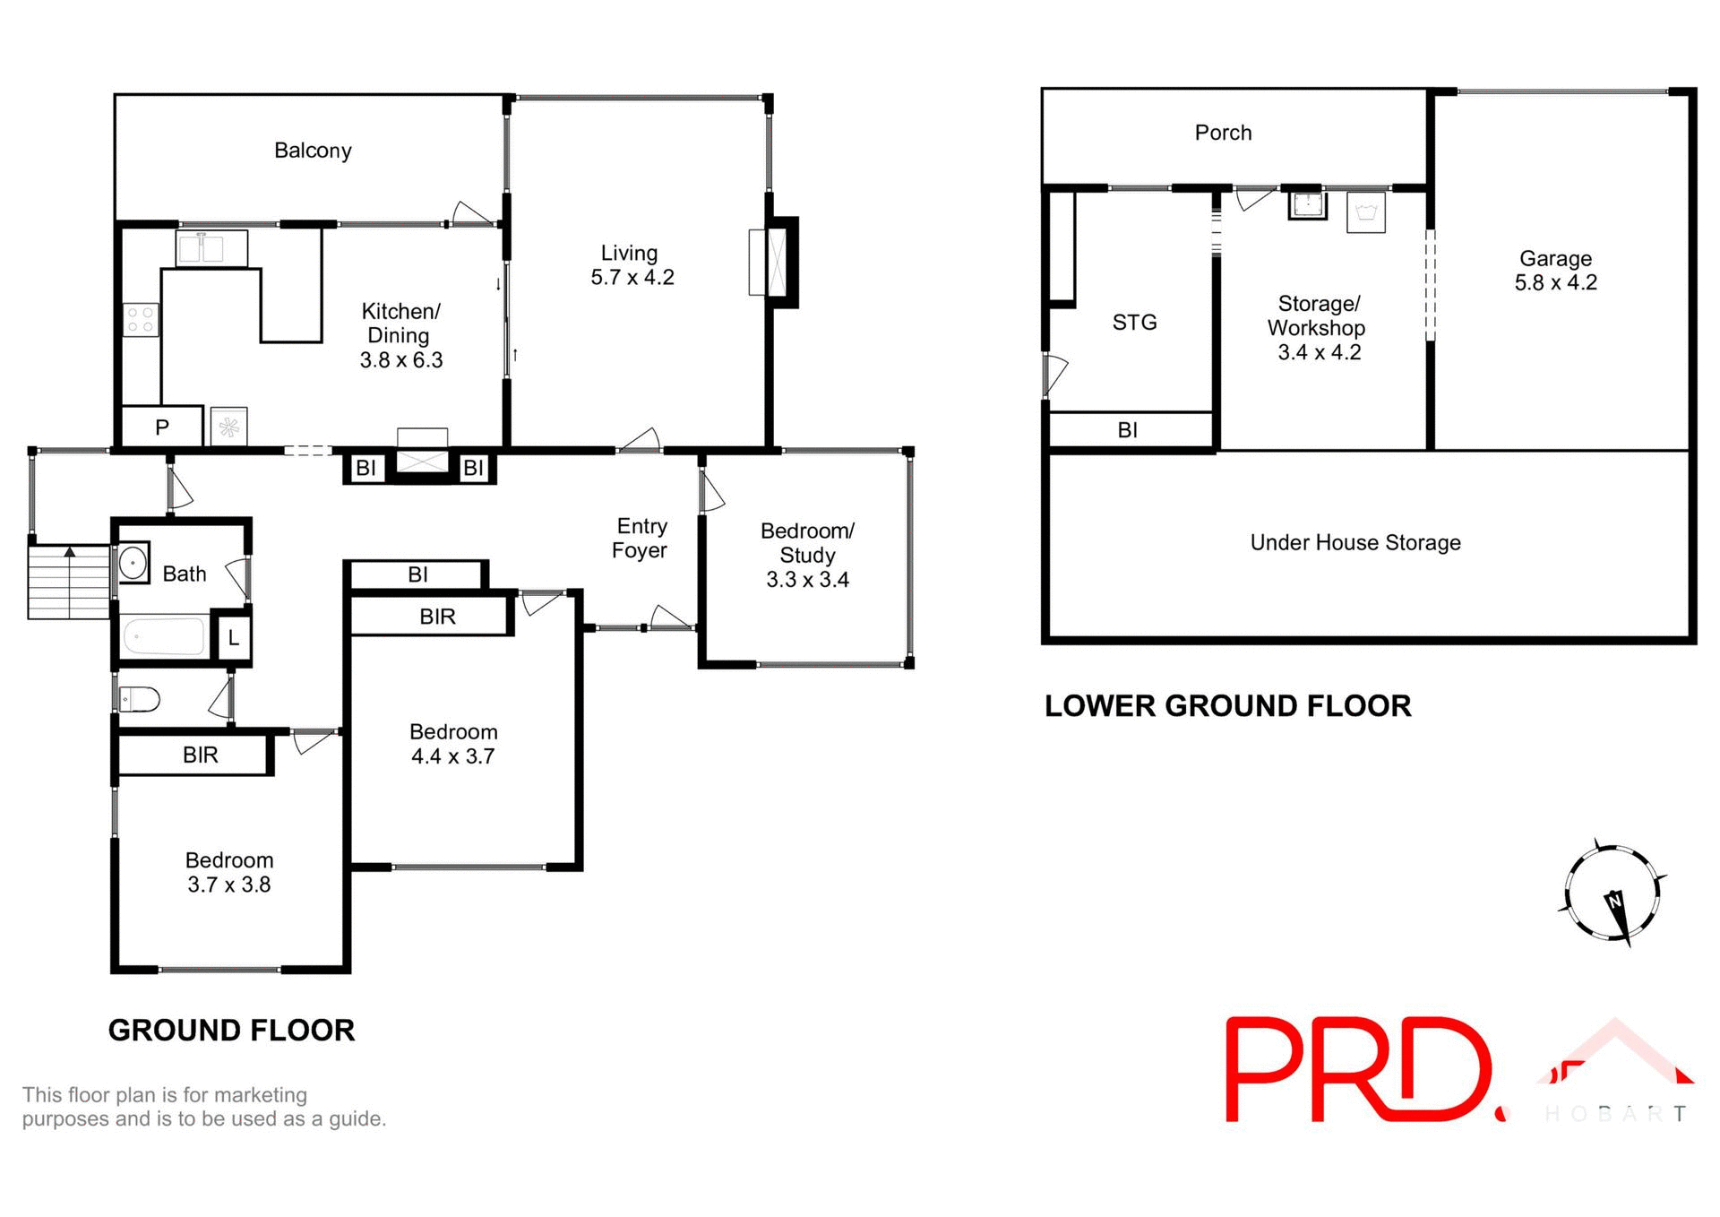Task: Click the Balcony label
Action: coord(313,151)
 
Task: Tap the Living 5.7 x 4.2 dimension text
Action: coord(632,278)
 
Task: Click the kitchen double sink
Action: coord(200,248)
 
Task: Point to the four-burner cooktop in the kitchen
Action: coord(141,320)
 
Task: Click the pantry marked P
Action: coord(162,427)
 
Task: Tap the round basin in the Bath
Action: coord(133,564)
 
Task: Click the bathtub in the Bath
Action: coord(164,637)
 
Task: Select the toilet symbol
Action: coord(141,698)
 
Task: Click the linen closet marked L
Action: coord(234,638)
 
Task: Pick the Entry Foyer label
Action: coord(641,539)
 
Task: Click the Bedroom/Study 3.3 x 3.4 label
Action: coord(807,555)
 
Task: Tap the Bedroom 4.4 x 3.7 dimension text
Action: coord(452,756)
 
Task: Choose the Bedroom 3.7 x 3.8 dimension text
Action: coord(228,885)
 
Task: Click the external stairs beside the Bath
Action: coord(69,583)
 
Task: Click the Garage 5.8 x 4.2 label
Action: coord(1555,271)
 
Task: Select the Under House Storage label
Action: coord(1355,542)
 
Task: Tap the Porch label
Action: coord(1223,133)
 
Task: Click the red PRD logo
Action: coord(1357,1070)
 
